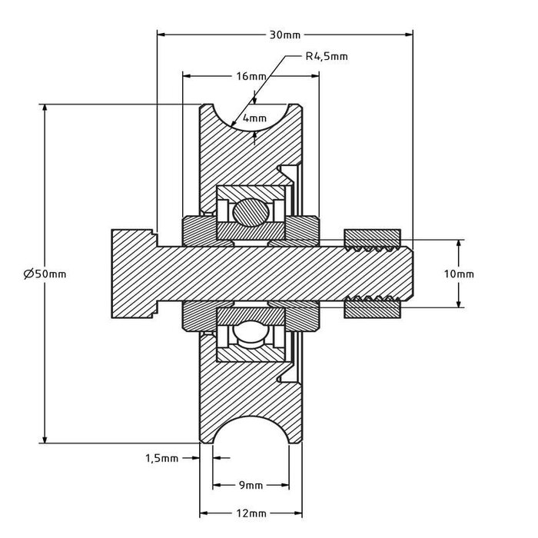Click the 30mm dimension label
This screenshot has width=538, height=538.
tap(284, 35)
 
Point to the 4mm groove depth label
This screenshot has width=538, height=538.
tap(254, 118)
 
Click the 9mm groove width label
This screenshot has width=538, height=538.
tap(251, 485)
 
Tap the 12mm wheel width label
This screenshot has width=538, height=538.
tap(251, 513)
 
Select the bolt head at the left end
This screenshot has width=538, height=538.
tap(134, 274)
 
